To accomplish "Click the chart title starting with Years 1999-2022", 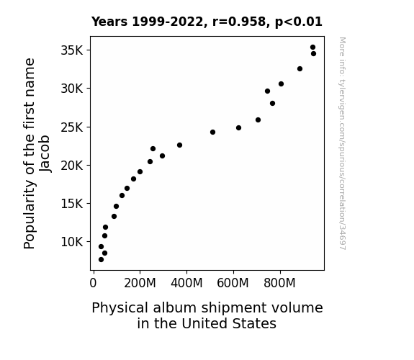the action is pos(207,22).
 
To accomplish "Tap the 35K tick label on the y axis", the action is pos(72,50).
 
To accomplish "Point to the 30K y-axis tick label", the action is pos(72,89).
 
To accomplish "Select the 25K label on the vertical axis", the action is pos(72,127).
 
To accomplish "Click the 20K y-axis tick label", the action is pos(72,166).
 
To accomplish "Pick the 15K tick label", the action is pos(72,204).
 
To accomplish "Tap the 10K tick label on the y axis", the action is pos(72,242).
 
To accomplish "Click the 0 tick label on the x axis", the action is pos(93,283).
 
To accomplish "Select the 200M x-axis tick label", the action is pos(140,283).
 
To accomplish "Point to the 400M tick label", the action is pos(186,283).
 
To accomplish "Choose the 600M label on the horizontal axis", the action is pos(233,283).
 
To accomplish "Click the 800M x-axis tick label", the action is pos(279,283).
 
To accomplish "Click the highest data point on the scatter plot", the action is pos(313,48).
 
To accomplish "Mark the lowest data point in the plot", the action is pos(101,260).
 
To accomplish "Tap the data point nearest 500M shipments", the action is pos(213,132).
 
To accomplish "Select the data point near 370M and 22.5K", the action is pos(179,145).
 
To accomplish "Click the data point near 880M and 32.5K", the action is pos(300,68).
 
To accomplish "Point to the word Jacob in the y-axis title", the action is pos(45,153).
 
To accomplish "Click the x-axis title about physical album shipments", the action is pos(207,315).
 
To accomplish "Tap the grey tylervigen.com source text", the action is pos(342,143).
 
